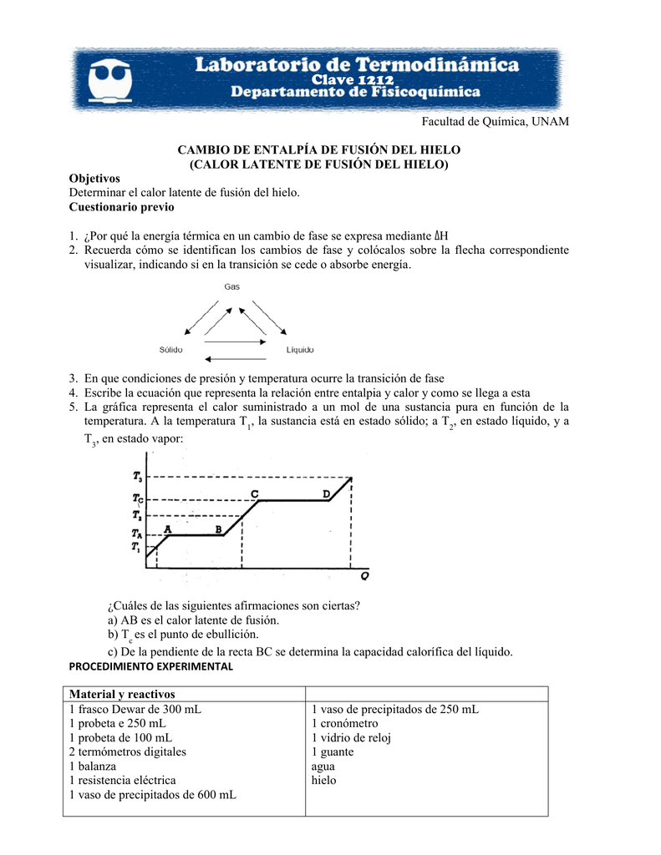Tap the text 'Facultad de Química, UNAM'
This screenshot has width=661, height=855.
click(495, 122)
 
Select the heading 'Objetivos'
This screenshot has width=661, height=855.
click(94, 179)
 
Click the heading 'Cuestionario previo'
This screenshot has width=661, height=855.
click(121, 206)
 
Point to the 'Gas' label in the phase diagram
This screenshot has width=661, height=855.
click(232, 286)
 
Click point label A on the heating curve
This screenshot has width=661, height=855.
click(168, 529)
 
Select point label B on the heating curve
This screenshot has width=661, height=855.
click(219, 529)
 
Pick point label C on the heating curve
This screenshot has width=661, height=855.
click(254, 493)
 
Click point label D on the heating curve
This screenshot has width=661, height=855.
click(326, 493)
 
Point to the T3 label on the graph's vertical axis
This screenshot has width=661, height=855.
click(137, 477)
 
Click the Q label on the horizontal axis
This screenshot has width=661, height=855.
click(365, 576)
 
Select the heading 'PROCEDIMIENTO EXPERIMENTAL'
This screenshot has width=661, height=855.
click(150, 667)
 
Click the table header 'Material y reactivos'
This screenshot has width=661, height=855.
click(123, 695)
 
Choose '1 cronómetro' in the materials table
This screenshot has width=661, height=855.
click(344, 723)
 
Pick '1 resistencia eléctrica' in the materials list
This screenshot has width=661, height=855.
click(123, 780)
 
